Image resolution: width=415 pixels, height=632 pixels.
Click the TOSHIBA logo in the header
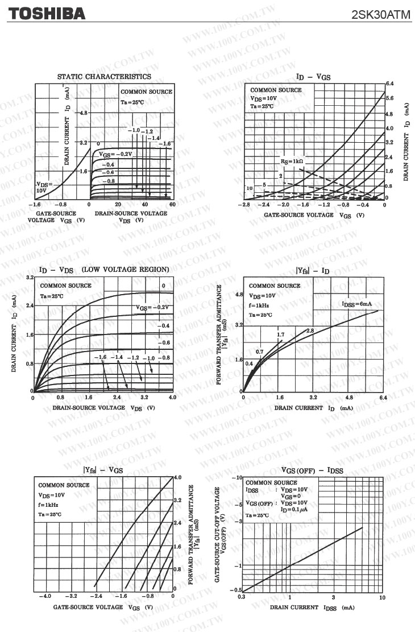[x=46, y=14]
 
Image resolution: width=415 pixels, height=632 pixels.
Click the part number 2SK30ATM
[x=381, y=15]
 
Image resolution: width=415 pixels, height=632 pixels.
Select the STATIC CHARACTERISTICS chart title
[x=104, y=76]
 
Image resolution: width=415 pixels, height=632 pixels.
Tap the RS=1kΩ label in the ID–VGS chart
[x=292, y=162]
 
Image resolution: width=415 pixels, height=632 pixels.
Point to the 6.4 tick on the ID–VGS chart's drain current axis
[x=390, y=84]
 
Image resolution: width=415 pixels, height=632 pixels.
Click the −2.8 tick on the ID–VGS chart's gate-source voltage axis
[x=246, y=205]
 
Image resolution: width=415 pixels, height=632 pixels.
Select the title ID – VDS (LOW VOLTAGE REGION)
[x=104, y=269]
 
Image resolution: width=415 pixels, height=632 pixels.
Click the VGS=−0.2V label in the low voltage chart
[x=152, y=307]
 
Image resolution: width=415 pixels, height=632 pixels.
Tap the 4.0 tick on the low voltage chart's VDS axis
[x=172, y=397]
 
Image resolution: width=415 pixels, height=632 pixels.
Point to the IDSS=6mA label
[x=357, y=304]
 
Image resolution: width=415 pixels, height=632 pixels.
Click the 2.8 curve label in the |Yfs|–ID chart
[x=310, y=331]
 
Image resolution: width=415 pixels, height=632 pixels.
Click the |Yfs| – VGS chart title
[x=103, y=470]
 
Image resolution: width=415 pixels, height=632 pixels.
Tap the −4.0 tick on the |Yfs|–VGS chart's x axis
[x=44, y=596]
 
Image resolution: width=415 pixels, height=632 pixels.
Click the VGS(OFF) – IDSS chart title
[x=312, y=470]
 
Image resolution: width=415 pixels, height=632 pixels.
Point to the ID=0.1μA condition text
[x=294, y=510]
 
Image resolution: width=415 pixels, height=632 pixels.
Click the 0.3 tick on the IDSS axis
[x=242, y=597]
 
